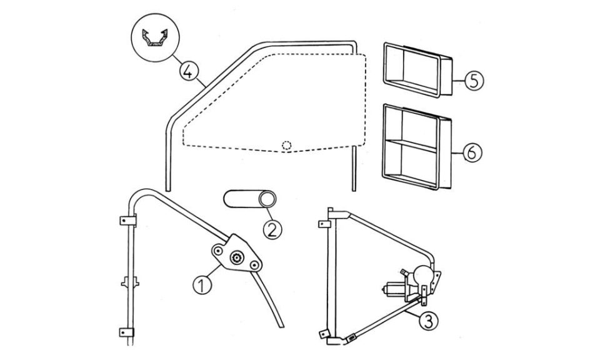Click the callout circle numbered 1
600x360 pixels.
202,286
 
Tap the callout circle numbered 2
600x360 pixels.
272,229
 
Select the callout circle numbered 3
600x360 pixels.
428,321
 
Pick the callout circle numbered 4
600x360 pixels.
188,71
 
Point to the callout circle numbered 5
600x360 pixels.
474,81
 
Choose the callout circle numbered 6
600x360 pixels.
472,152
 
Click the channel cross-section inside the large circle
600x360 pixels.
155,37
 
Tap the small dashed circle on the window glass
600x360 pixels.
286,146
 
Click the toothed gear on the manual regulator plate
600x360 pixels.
236,258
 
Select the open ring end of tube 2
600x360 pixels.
267,199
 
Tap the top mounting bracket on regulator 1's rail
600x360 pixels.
127,221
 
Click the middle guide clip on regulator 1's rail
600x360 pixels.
130,283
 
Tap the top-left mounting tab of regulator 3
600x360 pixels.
324,224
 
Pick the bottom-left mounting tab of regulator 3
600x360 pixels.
324,334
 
